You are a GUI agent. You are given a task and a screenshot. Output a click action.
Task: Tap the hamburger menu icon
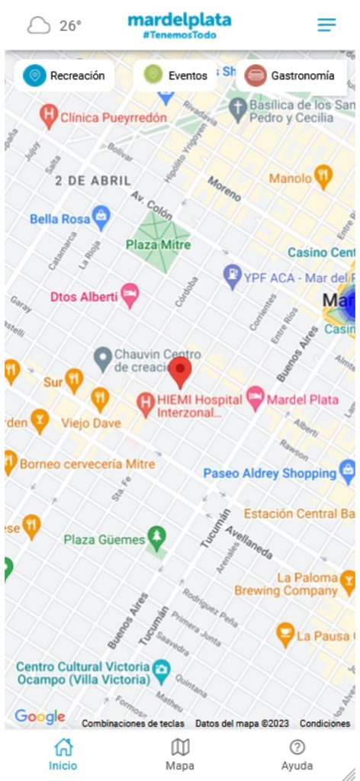[326, 25]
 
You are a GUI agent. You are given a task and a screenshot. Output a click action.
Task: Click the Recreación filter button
[65, 76]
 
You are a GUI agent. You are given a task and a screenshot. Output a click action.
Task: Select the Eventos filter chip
[175, 76]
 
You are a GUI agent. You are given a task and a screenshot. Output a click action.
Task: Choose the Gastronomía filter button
[291, 76]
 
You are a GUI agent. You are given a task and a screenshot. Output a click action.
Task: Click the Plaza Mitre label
[159, 245]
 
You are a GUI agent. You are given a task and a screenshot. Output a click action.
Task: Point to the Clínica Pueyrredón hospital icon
[50, 117]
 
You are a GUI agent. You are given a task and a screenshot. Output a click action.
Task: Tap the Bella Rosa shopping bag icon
[101, 218]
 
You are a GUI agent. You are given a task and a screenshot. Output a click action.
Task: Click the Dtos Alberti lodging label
[84, 296]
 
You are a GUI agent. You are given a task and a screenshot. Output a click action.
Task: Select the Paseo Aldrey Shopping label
[269, 474]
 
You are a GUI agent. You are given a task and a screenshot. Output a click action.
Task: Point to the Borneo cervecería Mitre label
[87, 464]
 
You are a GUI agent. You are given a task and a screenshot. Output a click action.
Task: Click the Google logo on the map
[40, 717]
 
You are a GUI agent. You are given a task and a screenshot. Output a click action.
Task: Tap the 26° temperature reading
[70, 26]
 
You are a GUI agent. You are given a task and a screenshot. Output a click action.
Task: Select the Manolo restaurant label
[291, 178]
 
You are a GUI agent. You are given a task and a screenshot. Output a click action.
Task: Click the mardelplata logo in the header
[179, 25]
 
